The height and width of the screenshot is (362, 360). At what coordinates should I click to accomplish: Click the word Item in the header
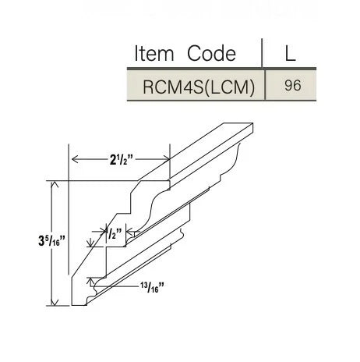(156, 53)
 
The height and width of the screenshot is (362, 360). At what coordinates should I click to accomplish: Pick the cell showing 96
(292, 86)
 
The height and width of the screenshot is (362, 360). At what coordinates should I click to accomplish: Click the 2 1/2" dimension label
(121, 160)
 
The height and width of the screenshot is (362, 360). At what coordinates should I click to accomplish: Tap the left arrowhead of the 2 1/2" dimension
(75, 160)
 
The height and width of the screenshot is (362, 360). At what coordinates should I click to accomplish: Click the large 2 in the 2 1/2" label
(113, 161)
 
